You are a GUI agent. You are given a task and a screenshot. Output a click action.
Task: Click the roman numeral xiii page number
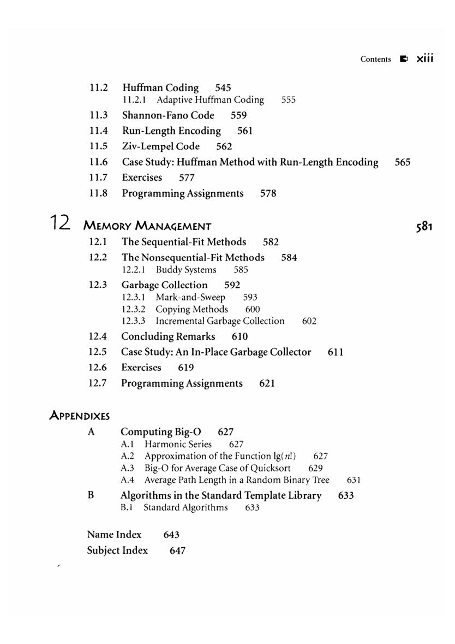pyautogui.click(x=424, y=58)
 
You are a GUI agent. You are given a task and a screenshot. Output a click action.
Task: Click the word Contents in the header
pyautogui.click(x=375, y=59)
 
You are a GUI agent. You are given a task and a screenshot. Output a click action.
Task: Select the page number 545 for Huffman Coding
pyautogui.click(x=223, y=87)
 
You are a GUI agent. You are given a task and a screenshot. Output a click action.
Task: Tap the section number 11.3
pyautogui.click(x=98, y=115)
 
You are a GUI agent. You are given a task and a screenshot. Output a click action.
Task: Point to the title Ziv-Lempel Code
pyautogui.click(x=160, y=146)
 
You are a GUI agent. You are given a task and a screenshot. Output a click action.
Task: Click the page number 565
pyautogui.click(x=402, y=162)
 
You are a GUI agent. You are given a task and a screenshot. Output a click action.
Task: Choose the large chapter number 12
pyautogui.click(x=60, y=222)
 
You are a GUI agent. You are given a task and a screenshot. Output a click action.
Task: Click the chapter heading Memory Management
pyautogui.click(x=147, y=226)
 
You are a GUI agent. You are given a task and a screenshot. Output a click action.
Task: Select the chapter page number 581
pyautogui.click(x=423, y=226)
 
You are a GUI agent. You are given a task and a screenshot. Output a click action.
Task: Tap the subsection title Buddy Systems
pyautogui.click(x=185, y=270)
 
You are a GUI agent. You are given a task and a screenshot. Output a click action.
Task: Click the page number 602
pyautogui.click(x=309, y=321)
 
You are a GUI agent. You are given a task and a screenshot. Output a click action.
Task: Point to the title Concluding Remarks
pyautogui.click(x=168, y=336)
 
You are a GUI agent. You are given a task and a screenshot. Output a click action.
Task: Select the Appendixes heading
pyautogui.click(x=80, y=416)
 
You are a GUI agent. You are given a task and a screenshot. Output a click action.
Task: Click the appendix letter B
pyautogui.click(x=91, y=495)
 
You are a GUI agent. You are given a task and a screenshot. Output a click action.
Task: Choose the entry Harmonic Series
pyautogui.click(x=178, y=444)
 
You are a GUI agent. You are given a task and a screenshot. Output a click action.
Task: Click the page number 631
pyautogui.click(x=354, y=480)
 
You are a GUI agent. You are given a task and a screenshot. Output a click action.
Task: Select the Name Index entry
pyautogui.click(x=114, y=535)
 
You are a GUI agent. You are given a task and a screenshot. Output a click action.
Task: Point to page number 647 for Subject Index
pyautogui.click(x=177, y=551)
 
